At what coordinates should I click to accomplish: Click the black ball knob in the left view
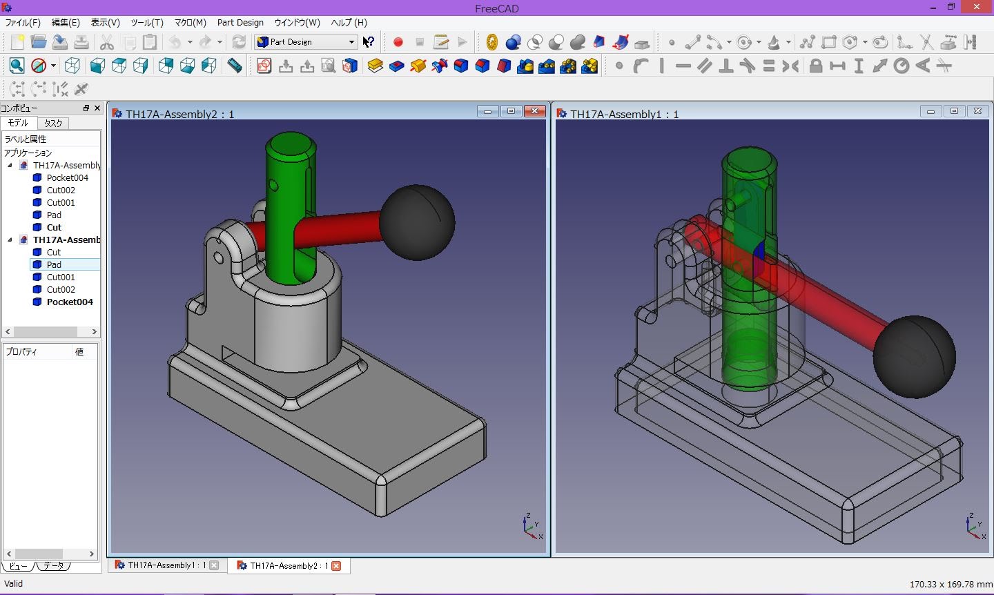pyautogui.click(x=417, y=222)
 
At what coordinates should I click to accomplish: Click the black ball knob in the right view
pyautogui.click(x=914, y=356)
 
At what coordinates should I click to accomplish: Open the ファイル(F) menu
pyautogui.click(x=23, y=22)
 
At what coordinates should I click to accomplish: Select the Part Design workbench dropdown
pyautogui.click(x=306, y=42)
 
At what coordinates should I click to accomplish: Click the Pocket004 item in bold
pyautogui.click(x=69, y=302)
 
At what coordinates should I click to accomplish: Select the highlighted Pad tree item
pyautogui.click(x=54, y=264)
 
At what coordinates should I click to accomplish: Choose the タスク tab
pyautogui.click(x=53, y=123)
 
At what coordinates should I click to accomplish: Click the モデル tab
pyautogui.click(x=18, y=123)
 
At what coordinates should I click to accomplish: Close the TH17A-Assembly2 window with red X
pyautogui.click(x=534, y=111)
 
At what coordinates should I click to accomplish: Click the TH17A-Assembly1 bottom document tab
pyautogui.click(x=166, y=565)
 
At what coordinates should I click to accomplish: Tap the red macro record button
pyautogui.click(x=398, y=42)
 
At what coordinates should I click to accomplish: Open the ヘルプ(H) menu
pyautogui.click(x=349, y=22)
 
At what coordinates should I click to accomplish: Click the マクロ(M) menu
pyautogui.click(x=190, y=22)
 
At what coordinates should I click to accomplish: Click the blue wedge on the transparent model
pyautogui.click(x=759, y=255)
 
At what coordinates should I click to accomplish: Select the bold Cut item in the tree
pyautogui.click(x=54, y=227)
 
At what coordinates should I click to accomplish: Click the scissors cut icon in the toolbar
pyautogui.click(x=106, y=42)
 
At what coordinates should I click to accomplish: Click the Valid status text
pyautogui.click(x=14, y=584)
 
